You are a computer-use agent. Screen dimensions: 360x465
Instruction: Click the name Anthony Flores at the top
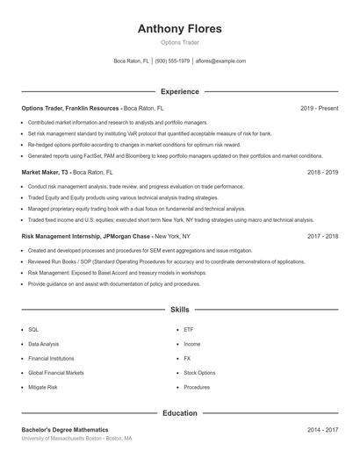point(179,29)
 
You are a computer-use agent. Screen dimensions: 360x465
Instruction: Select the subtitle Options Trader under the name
point(179,43)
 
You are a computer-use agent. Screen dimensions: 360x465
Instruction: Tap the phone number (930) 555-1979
point(173,61)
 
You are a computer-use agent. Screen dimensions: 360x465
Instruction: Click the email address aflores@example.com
point(220,61)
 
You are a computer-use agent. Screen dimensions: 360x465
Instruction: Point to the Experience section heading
point(179,91)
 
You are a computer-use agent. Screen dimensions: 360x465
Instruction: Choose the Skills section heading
point(179,310)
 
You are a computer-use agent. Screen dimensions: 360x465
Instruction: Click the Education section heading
point(179,412)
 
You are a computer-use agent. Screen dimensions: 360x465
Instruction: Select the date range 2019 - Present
point(319,108)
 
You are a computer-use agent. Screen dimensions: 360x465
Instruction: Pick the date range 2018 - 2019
point(322,173)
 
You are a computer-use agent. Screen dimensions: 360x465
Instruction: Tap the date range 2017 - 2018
point(322,236)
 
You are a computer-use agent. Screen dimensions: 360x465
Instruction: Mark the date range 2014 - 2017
point(322,429)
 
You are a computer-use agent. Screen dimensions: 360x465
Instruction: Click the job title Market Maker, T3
point(46,173)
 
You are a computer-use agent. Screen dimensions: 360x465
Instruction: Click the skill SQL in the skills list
point(33,330)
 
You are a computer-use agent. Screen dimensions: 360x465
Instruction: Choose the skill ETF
point(189,330)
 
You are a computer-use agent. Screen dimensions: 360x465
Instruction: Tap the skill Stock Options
point(199,372)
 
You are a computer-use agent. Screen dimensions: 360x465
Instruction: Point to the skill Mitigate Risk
point(42,387)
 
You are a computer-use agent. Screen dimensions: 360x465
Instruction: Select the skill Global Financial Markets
point(54,372)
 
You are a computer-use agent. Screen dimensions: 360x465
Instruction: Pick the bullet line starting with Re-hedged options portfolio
point(132,144)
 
